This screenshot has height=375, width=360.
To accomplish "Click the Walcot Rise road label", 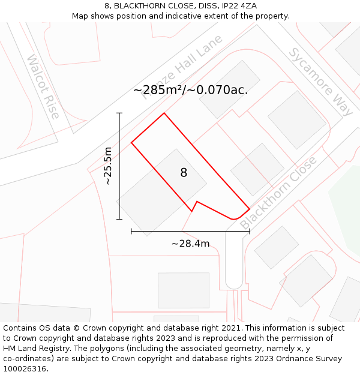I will [x=43, y=86].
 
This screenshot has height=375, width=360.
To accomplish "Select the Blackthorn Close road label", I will [x=278, y=193].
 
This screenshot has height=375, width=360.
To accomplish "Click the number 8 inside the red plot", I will [x=184, y=173].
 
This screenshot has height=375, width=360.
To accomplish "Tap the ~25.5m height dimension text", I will [x=108, y=166].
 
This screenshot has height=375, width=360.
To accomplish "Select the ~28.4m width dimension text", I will [x=190, y=244].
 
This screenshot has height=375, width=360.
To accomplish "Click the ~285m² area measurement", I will [x=157, y=91].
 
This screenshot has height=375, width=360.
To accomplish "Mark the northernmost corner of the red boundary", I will [x=164, y=113].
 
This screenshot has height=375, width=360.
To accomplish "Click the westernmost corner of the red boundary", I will [x=131, y=142].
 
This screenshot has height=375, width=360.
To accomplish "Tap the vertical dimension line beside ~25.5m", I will [x=119, y=166].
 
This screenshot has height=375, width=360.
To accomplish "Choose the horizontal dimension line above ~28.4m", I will [x=190, y=231].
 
